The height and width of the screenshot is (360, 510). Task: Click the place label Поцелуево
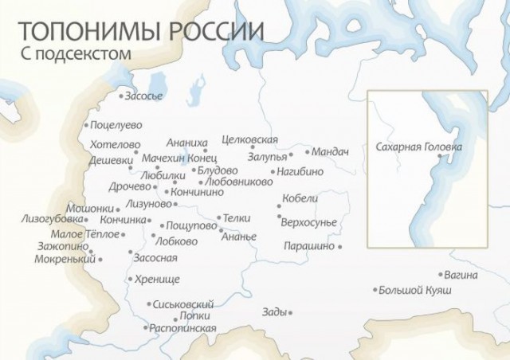pyautogui.click(x=116, y=125)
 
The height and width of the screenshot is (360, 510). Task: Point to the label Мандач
pyautogui.click(x=331, y=151)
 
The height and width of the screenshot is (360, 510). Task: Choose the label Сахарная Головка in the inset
pyautogui.click(x=418, y=147)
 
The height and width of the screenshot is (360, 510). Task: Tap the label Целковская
pyautogui.click(x=249, y=140)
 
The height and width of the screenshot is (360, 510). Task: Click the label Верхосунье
pyautogui.click(x=310, y=221)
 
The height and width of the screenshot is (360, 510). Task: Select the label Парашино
pyautogui.click(x=308, y=247)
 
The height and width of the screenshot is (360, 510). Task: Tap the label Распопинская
pyautogui.click(x=182, y=328)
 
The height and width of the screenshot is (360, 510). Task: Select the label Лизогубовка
pyautogui.click(x=53, y=218)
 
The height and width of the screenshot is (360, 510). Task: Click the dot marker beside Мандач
pyautogui.click(x=307, y=151)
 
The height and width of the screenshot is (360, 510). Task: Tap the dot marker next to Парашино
pyautogui.click(x=340, y=247)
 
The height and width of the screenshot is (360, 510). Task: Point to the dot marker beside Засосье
pyautogui.click(x=121, y=96)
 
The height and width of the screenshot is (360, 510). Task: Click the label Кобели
pyautogui.click(x=300, y=198)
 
